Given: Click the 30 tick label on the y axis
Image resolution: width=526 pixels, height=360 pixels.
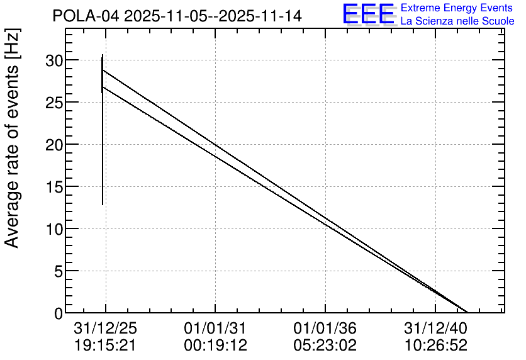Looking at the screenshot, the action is (x=54, y=60).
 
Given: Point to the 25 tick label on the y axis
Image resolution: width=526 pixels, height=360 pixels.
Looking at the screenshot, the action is (x=54, y=103).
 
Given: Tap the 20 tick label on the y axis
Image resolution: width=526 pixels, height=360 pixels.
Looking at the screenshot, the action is (x=54, y=145).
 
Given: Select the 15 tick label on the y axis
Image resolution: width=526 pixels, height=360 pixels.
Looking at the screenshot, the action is (x=54, y=187).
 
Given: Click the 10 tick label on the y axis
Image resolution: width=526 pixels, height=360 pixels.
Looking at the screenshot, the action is (x=54, y=230).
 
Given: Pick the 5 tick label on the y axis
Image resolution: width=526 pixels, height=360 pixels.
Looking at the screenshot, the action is (x=59, y=271).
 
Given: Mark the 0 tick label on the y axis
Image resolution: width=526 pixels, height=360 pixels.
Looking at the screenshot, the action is (x=59, y=313).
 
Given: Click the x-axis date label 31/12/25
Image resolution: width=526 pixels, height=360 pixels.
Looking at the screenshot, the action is (x=105, y=329).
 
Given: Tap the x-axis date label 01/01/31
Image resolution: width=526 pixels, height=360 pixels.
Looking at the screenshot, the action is (x=215, y=329).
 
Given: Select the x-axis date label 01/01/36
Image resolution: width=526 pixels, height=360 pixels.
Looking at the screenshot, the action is (x=325, y=329).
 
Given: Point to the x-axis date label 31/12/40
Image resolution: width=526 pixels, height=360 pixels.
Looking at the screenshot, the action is (x=435, y=329).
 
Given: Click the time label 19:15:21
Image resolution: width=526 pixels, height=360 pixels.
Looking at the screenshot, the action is (x=105, y=346).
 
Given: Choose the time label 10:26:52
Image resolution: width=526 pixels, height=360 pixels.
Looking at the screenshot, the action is (x=435, y=346).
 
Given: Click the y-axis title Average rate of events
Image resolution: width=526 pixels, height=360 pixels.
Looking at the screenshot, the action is (x=12, y=157).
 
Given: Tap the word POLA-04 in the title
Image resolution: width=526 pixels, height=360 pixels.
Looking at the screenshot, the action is (x=86, y=16).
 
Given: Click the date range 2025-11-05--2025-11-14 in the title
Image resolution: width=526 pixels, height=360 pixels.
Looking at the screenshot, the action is (x=213, y=16).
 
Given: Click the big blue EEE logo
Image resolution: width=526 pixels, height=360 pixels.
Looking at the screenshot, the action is (x=369, y=14).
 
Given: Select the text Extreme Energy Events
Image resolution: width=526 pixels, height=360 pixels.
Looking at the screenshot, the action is (x=457, y=8).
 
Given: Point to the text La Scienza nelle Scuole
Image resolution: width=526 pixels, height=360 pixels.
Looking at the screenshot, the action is (x=457, y=21).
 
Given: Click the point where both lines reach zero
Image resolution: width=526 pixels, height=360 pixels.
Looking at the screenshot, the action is (x=467, y=312).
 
